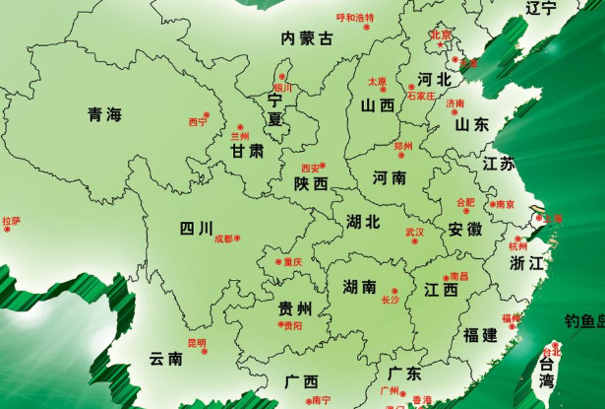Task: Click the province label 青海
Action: click(103, 114)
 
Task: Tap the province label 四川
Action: click(196, 230)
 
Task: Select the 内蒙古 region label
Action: click(307, 38)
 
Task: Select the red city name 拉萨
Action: click(11, 221)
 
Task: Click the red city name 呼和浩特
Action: click(355, 18)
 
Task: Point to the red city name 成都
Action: click(223, 239)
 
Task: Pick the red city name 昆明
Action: click(197, 343)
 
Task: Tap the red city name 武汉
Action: click(414, 232)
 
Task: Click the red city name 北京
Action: click(440, 35)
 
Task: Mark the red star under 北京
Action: click(441, 46)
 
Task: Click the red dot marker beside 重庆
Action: click(279, 262)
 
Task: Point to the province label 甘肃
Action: click(247, 151)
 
